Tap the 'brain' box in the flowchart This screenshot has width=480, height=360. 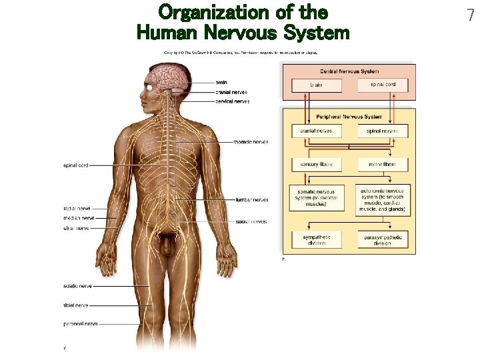(316, 85)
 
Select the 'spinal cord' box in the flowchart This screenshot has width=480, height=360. (383, 85)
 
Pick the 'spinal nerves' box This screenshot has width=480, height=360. (383, 131)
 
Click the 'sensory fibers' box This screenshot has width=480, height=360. (316, 164)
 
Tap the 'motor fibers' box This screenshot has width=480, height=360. (383, 164)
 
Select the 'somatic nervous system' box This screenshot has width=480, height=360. (317, 198)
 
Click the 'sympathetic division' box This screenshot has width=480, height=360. (316, 239)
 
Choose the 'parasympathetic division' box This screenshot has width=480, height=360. (383, 239)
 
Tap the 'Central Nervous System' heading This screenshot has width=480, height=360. (349, 71)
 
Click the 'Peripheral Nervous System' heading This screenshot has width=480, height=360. (349, 117)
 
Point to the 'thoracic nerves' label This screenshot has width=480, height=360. (251, 142)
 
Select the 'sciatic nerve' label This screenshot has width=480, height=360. (77, 286)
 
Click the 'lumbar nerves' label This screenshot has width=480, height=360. (252, 199)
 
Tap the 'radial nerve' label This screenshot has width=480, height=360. (77, 208)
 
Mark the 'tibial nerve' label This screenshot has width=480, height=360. (76, 305)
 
